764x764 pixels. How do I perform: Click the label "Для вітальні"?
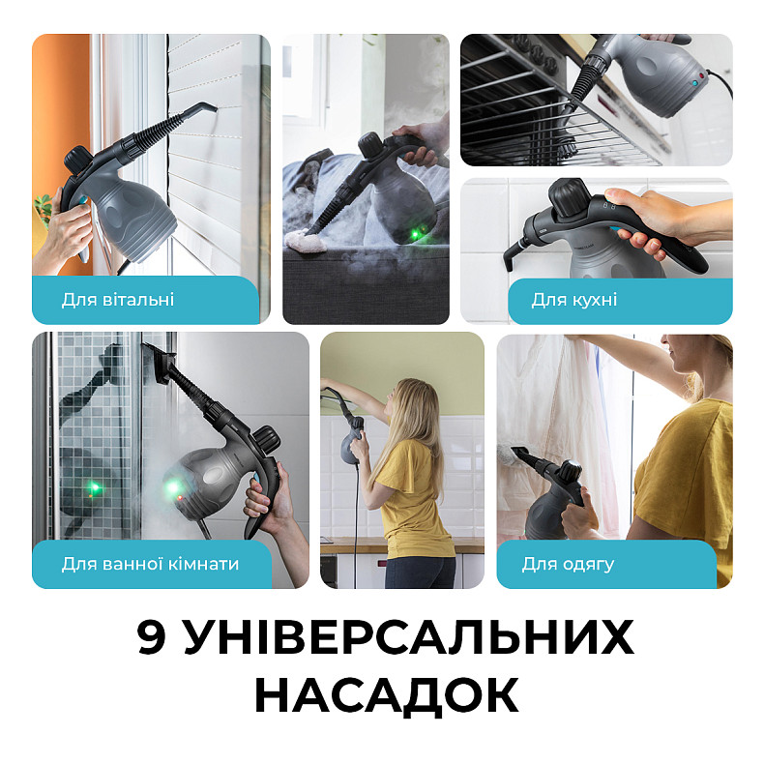(118, 300)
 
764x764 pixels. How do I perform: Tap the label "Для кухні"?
(573, 300)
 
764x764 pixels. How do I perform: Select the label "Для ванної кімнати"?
(150, 564)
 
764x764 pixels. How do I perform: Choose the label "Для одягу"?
(568, 564)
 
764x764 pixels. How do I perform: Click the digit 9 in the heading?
(153, 639)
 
